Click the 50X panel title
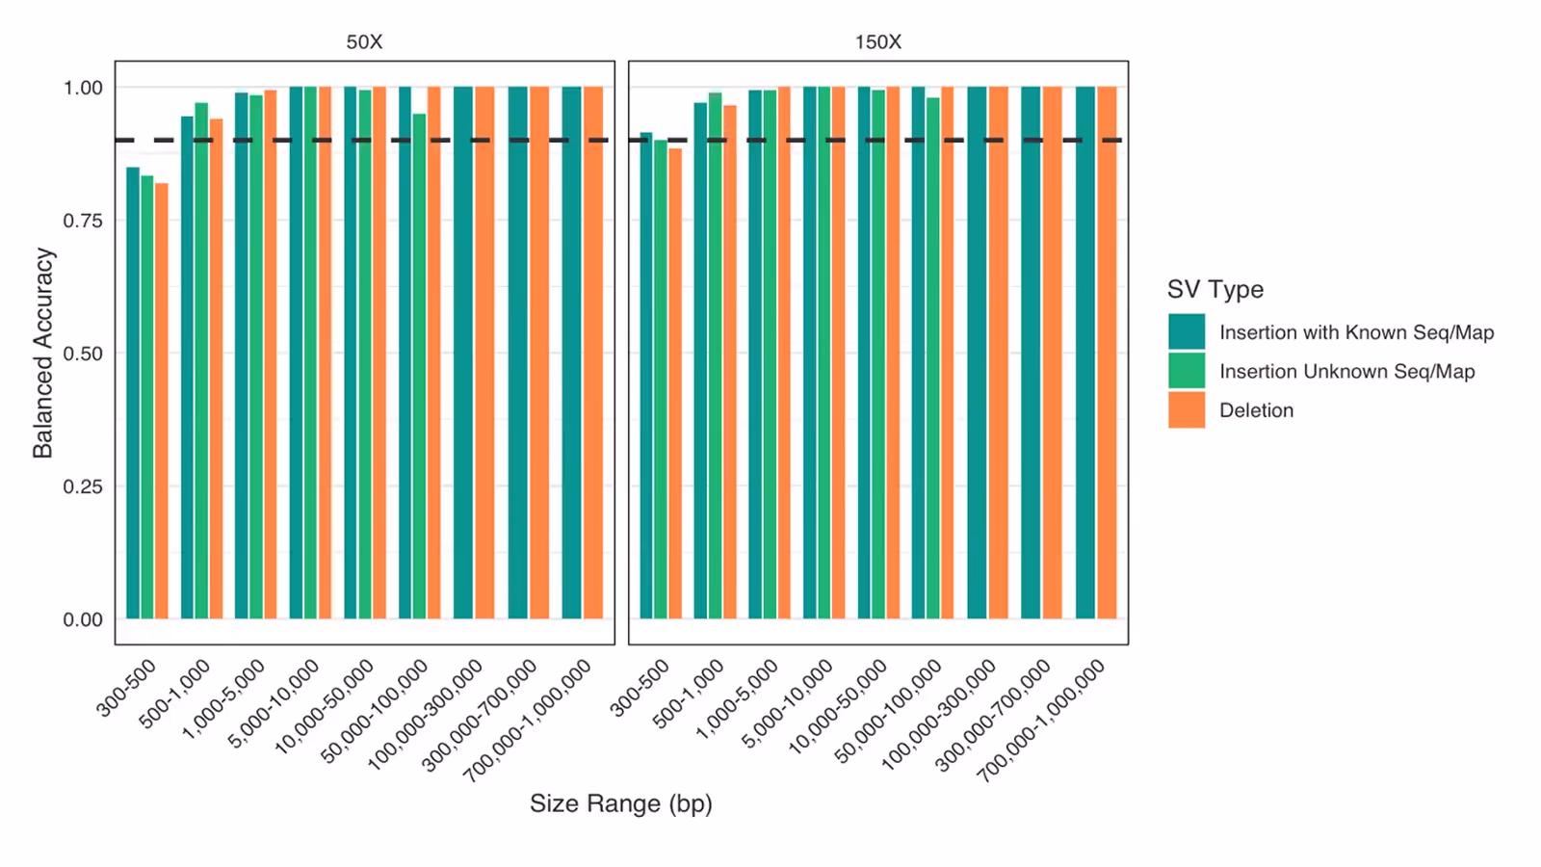tap(364, 42)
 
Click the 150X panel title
tap(877, 42)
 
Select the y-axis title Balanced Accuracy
tap(43, 353)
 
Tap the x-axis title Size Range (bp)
tap(620, 803)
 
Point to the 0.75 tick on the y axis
tap(83, 221)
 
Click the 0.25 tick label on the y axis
tap(83, 486)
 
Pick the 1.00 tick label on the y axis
tap(83, 88)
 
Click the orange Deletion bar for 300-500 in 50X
tap(162, 405)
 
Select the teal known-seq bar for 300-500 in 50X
tap(133, 395)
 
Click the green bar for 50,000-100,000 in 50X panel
tap(419, 366)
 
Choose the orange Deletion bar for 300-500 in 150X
tap(675, 385)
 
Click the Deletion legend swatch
tap(1187, 409)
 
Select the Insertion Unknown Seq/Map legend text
tap(1346, 371)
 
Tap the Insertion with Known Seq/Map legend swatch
tap(1187, 331)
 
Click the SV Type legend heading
tap(1215, 289)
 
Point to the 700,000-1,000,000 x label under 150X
tap(1043, 721)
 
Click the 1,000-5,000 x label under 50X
tap(224, 698)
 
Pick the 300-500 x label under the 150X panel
tap(640, 687)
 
